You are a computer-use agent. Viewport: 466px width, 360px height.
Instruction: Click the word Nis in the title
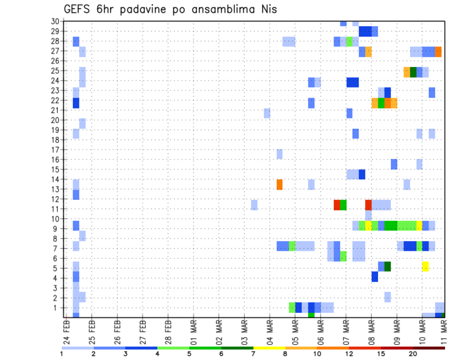tap(267, 9)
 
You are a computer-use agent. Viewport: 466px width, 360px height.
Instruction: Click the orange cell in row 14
tap(280, 184)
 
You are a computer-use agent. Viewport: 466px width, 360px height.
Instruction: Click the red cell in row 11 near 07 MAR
tap(337, 205)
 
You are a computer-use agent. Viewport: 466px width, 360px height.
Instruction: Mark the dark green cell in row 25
tap(413, 72)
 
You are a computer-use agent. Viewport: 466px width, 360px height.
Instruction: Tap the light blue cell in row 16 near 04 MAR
tap(280, 154)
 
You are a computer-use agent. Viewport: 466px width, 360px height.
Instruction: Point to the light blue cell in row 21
tap(267, 113)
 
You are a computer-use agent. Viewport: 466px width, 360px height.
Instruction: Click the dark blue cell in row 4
tap(375, 277)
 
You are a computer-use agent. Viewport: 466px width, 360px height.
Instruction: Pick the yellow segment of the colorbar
tap(269, 348)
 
